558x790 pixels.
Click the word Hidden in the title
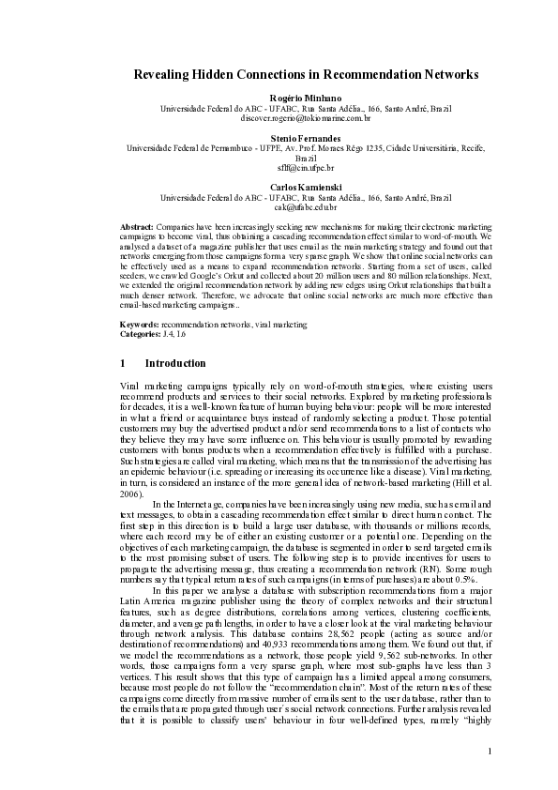pos(231,73)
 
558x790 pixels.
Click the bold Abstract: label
pos(138,228)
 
